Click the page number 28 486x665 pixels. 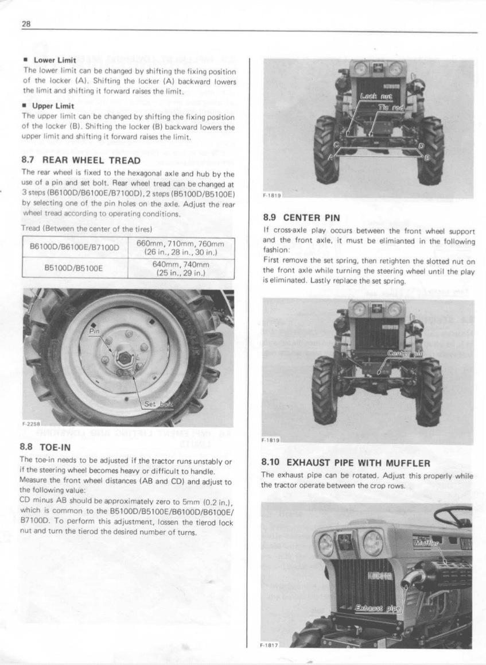click(x=25, y=24)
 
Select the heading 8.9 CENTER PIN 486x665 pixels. click(x=301, y=218)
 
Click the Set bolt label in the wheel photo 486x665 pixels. click(x=157, y=404)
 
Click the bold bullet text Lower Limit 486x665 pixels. click(x=52, y=59)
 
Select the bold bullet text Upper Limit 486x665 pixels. click(x=52, y=106)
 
